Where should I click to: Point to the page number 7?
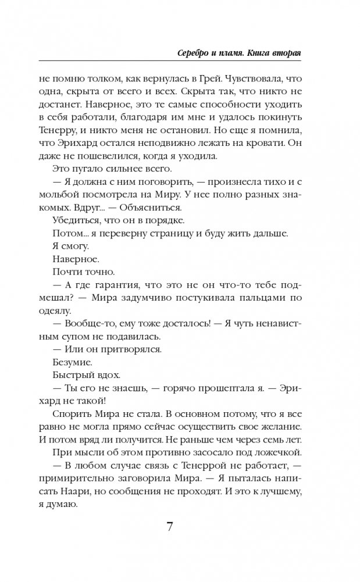pyautogui.click(x=170, y=527)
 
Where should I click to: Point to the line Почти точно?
pyautogui.click(x=76, y=272)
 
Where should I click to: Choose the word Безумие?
pyautogui.click(x=72, y=361)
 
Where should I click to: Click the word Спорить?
pyautogui.click(x=73, y=412)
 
